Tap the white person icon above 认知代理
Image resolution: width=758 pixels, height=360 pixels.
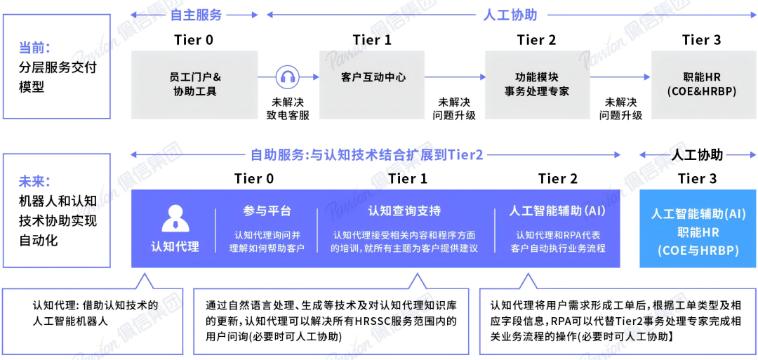175,218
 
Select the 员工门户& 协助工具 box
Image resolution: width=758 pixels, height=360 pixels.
195,84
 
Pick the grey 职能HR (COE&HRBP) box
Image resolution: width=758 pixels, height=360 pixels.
701,84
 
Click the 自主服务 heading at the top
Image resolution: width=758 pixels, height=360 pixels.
196,14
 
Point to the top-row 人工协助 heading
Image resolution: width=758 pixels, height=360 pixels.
510,14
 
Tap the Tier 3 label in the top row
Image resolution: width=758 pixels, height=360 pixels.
701,39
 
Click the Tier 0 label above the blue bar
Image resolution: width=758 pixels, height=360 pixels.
254,179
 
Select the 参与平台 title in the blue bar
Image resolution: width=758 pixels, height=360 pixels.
267,211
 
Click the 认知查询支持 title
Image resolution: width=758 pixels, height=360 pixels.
405,211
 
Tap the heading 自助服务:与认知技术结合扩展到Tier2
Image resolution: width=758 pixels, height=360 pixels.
367,155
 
